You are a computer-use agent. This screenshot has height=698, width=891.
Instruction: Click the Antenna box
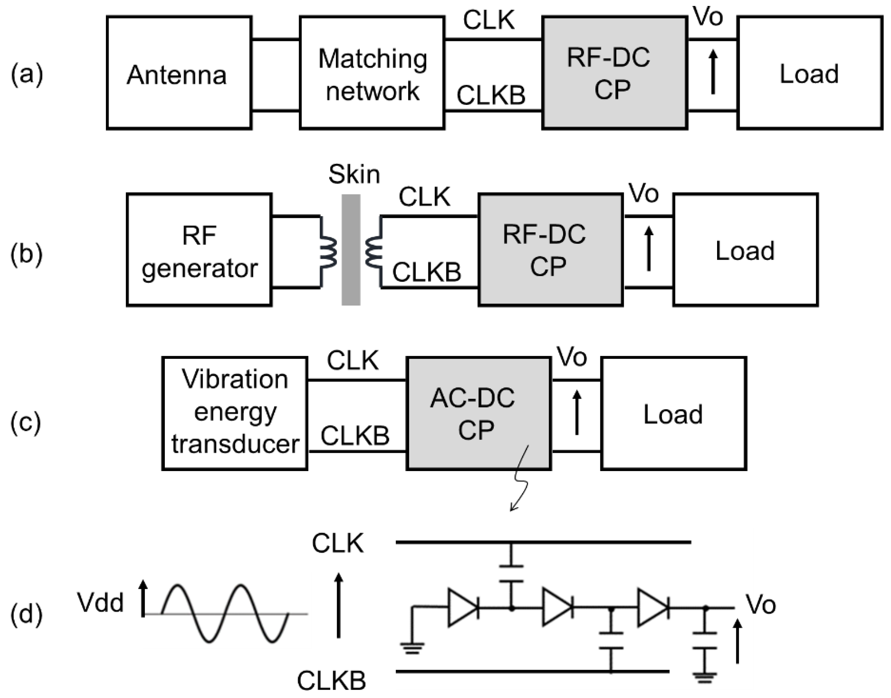178,73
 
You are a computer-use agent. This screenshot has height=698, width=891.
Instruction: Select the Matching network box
372,73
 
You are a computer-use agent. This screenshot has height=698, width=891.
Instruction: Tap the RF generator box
199,250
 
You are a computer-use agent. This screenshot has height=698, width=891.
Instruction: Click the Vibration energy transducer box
235,414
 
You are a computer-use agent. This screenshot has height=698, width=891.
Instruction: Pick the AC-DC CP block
478,414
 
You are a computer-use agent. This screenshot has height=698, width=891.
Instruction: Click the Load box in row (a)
809,73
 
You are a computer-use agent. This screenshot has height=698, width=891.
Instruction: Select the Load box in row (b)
745,250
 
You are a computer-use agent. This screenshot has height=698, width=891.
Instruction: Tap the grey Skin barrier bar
351,250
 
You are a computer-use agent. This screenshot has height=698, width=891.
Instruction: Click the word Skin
354,175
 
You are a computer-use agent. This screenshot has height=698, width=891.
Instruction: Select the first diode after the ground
463,608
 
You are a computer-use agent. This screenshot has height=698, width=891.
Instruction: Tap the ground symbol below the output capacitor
705,678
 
